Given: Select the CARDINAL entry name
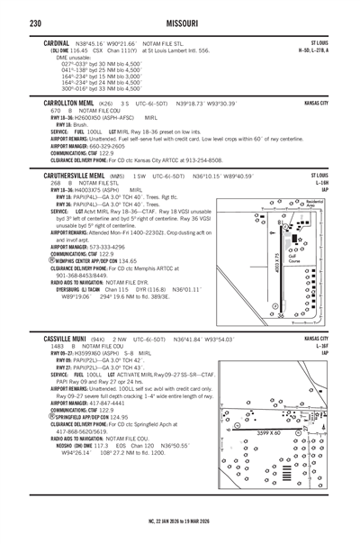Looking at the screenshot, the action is pos(47,41).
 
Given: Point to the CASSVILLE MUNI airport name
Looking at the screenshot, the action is pos(57,338).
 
